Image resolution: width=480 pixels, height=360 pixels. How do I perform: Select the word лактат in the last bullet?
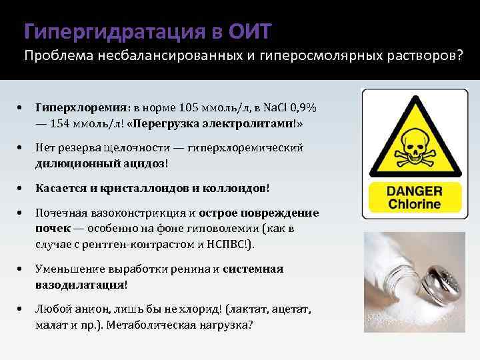(x=247, y=310)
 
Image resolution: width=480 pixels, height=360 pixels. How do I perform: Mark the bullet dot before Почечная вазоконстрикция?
(x=22, y=213)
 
